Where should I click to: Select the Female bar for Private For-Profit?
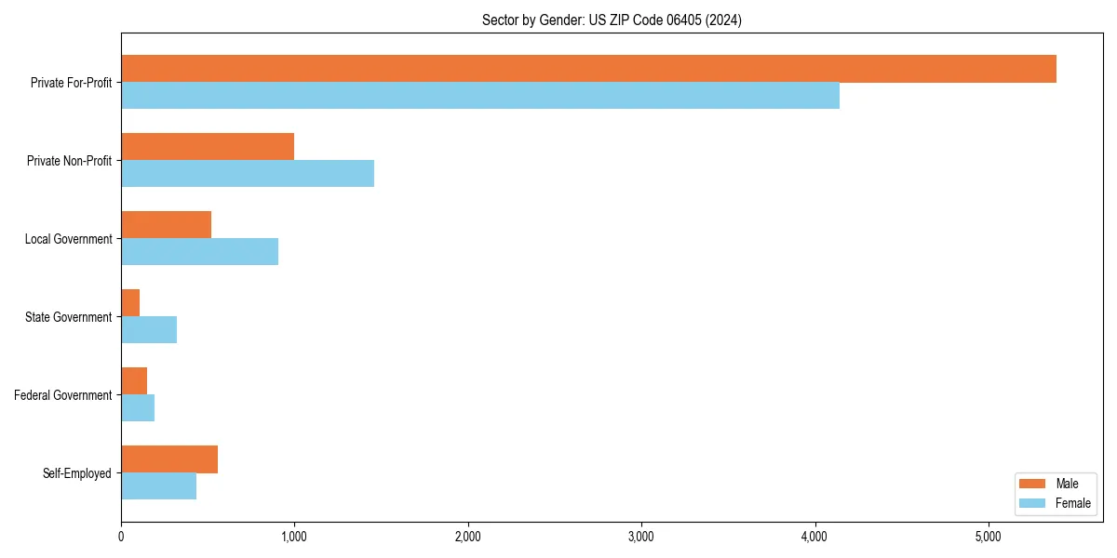[480, 96]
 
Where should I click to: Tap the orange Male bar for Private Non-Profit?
[208, 147]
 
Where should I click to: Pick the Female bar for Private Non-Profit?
[248, 174]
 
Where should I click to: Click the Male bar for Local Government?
[166, 225]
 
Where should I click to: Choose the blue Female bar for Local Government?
[199, 252]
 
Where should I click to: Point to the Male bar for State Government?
[130, 303]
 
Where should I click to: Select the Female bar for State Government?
[149, 330]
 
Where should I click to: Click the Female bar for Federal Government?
[138, 408]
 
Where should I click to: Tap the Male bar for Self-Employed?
[169, 459]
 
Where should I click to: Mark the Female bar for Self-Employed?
[158, 486]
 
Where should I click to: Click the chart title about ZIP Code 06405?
[612, 20]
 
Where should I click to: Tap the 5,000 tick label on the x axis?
[988, 537]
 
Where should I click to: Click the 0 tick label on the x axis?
[121, 537]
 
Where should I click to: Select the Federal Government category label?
[63, 395]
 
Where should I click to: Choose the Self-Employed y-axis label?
[77, 473]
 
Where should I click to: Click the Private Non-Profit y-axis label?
[69, 161]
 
